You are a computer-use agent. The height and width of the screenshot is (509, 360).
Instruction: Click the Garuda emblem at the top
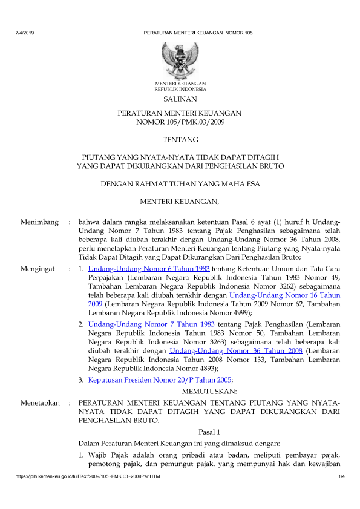tap(180, 58)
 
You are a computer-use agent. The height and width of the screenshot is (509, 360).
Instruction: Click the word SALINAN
tap(180, 98)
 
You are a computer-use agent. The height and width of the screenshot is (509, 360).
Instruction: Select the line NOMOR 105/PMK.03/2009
tap(180, 122)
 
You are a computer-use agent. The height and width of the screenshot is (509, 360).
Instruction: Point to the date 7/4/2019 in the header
tap(24, 31)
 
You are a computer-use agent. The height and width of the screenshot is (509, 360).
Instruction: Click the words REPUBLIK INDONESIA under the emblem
tap(180, 88)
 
